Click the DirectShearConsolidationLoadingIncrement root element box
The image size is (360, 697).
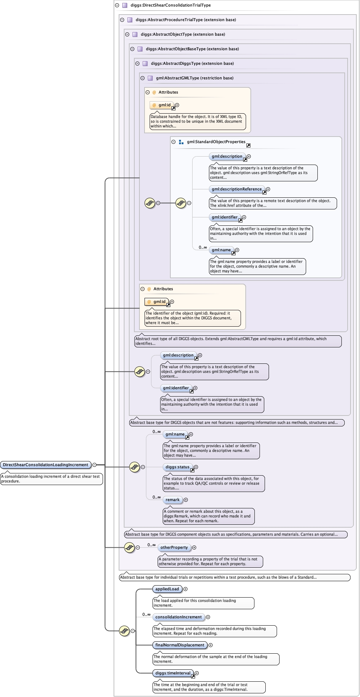pos(46,465)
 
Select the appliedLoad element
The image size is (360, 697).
pos(167,589)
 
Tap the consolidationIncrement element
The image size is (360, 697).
pos(178,617)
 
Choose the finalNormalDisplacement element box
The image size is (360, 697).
pos(180,645)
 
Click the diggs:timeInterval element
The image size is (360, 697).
pos(173,673)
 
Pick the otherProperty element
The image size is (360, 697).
pos(174,548)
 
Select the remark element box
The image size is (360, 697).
pos(173,500)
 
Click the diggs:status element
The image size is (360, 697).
pos(178,467)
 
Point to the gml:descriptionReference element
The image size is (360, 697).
pos(237,189)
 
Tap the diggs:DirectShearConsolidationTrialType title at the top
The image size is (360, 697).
pos(171,5)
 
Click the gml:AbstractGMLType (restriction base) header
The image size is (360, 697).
pos(195,78)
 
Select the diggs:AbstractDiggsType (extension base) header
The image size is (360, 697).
pos(193,64)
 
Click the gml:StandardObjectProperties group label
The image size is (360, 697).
pos(216,142)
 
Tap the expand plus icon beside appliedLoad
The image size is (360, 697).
pos(185,589)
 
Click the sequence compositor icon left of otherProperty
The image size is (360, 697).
pos(129,547)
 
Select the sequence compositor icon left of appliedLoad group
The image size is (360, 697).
pos(124,631)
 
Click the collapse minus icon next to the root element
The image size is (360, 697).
pos(95,465)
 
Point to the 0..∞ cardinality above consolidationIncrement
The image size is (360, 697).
pos(146,615)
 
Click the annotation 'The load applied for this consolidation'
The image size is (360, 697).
pos(195,601)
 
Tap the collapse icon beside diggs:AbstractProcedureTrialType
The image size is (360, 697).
pos(122,20)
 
